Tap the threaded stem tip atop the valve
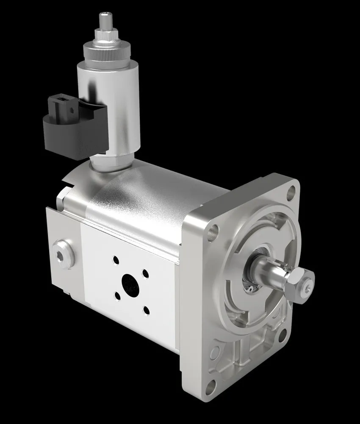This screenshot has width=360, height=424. pos(104,20)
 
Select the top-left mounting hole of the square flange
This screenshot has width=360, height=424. pos(214,231)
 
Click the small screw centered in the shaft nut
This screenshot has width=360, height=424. pos(306,289)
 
